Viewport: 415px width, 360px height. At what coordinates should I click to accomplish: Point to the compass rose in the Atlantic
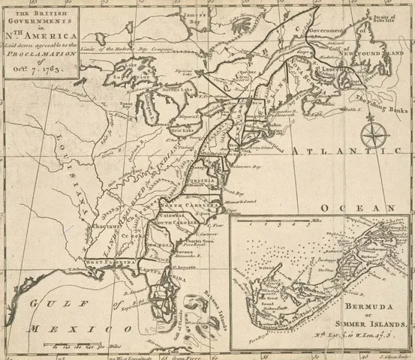click(371, 135)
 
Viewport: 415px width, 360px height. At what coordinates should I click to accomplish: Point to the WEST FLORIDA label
click(110, 262)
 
